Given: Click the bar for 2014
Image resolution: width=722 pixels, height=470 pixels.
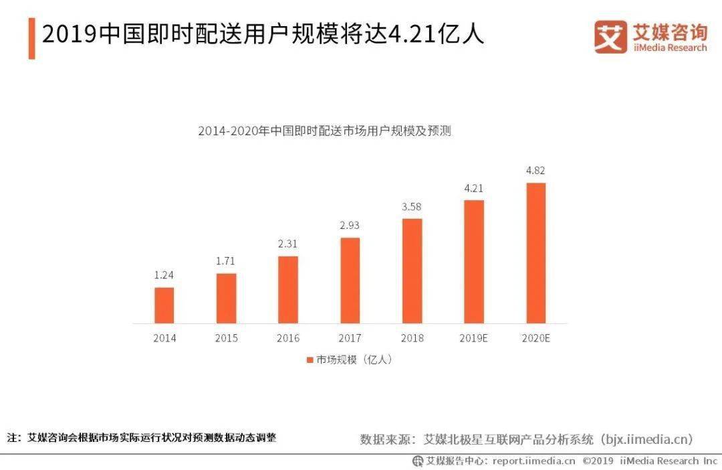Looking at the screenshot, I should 164,305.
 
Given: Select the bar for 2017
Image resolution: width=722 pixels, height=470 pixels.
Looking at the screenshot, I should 350,281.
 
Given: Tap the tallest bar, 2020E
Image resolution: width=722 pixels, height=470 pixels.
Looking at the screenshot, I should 535,253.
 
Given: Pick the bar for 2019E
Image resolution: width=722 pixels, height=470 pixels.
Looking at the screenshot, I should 474,262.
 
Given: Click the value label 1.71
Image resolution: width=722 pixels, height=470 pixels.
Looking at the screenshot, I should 226,261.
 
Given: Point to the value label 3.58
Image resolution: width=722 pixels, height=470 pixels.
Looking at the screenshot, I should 412,206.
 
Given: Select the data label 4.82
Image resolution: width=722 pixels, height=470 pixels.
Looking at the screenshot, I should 535,170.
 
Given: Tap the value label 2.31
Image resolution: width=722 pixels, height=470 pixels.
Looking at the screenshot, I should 288,244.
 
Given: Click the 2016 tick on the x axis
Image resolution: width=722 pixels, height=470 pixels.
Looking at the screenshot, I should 288,338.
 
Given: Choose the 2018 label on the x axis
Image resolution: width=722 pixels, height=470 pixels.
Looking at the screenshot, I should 412,338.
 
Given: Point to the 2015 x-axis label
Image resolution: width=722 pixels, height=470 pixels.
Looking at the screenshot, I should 226,338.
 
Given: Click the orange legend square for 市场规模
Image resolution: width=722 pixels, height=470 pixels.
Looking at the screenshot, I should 310,360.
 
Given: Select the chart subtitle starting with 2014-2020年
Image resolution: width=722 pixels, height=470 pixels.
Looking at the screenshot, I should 324,131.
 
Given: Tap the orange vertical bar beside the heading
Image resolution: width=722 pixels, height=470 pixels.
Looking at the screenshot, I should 31,38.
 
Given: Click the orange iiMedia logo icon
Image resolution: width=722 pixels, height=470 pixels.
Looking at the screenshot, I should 610,37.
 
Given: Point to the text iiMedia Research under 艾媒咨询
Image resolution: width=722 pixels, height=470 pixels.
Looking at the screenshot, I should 669,48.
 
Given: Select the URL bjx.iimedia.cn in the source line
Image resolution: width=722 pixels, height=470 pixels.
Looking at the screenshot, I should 645,440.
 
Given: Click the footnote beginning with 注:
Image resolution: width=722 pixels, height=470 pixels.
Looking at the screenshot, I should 141,438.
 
